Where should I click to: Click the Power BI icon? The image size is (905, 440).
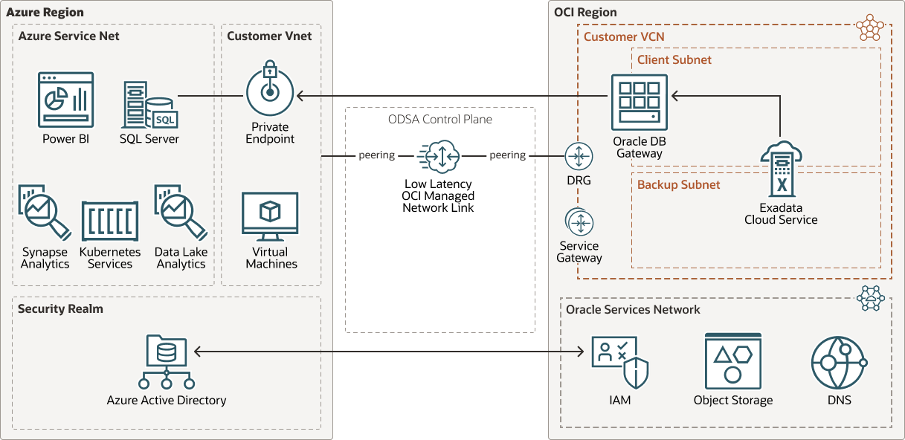tap(65, 100)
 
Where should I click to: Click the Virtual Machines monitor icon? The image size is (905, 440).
tap(270, 216)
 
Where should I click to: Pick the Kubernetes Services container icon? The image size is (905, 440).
tap(109, 221)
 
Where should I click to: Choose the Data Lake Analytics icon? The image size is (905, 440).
tap(181, 212)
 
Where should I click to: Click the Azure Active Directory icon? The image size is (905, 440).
tap(167, 363)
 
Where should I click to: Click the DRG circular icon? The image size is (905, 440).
tap(579, 156)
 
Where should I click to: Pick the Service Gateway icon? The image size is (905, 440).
tap(579, 222)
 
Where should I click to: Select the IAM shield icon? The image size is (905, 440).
tap(619, 363)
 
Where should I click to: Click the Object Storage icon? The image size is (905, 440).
tap(733, 361)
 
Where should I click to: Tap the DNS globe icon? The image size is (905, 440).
tap(839, 363)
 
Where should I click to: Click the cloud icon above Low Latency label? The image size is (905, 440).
tap(439, 156)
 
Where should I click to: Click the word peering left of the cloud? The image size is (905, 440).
tap(376, 155)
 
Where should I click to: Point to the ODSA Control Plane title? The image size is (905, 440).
tap(439, 119)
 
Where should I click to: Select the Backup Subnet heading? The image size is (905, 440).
tap(678, 184)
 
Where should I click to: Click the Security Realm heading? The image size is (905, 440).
tap(60, 308)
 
